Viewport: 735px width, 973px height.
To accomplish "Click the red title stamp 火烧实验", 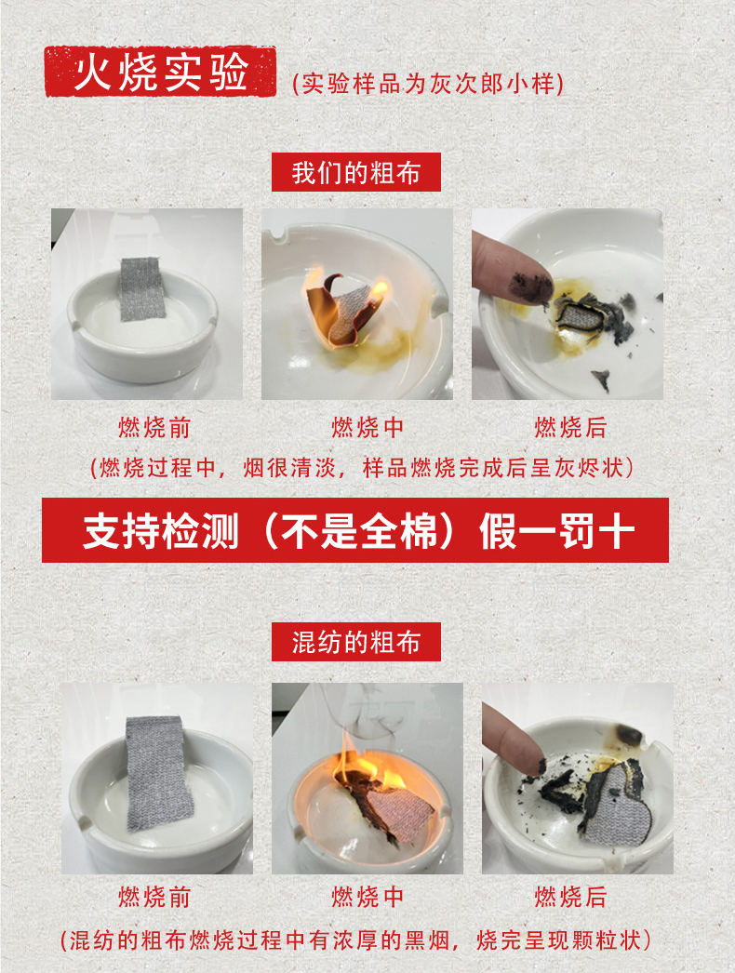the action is pyautogui.click(x=160, y=72).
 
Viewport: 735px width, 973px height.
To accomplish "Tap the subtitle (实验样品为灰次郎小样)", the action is pyautogui.click(x=428, y=84).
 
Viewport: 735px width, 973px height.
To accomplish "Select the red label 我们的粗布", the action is pyautogui.click(x=356, y=172).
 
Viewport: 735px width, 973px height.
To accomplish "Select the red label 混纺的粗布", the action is pyautogui.click(x=356, y=642).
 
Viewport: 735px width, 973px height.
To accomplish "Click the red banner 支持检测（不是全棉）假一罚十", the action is pyautogui.click(x=355, y=530).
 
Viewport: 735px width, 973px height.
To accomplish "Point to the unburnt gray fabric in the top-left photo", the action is pyautogui.click(x=142, y=288).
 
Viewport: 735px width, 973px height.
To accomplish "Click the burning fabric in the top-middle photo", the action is pyautogui.click(x=344, y=309).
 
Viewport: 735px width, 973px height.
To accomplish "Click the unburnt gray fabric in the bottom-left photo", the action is pyautogui.click(x=159, y=773).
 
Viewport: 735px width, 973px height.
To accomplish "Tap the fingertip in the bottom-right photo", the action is pyautogui.click(x=528, y=758).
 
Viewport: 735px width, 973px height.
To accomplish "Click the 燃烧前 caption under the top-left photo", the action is pyautogui.click(x=154, y=428).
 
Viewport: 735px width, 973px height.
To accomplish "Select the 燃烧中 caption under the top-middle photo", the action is pyautogui.click(x=367, y=428).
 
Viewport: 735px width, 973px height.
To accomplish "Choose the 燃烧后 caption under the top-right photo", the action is pyautogui.click(x=570, y=428).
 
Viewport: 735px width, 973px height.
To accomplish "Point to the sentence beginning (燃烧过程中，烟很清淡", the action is pyautogui.click(x=362, y=467).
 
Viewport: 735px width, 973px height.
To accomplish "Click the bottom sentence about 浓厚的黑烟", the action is pyautogui.click(x=355, y=940).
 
